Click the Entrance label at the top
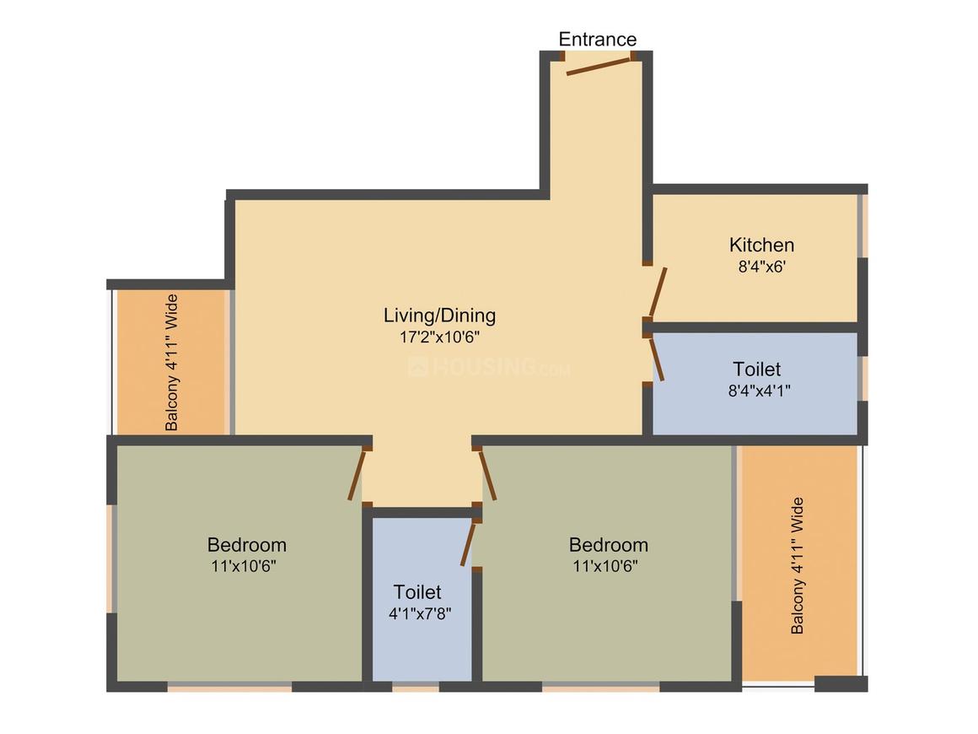[x=598, y=40]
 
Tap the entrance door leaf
[x=599, y=65]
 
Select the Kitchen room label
[x=761, y=246]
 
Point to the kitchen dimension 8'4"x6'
[x=761, y=265]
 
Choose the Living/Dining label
[x=439, y=316]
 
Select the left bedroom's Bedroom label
[x=246, y=545]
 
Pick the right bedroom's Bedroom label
[x=608, y=545]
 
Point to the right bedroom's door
[x=487, y=476]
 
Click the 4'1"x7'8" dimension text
[x=420, y=613]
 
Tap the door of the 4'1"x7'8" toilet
[x=469, y=543]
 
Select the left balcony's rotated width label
[x=172, y=362]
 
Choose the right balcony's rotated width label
[x=797, y=565]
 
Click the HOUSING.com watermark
[x=489, y=368]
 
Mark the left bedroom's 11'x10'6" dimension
[x=244, y=566]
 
